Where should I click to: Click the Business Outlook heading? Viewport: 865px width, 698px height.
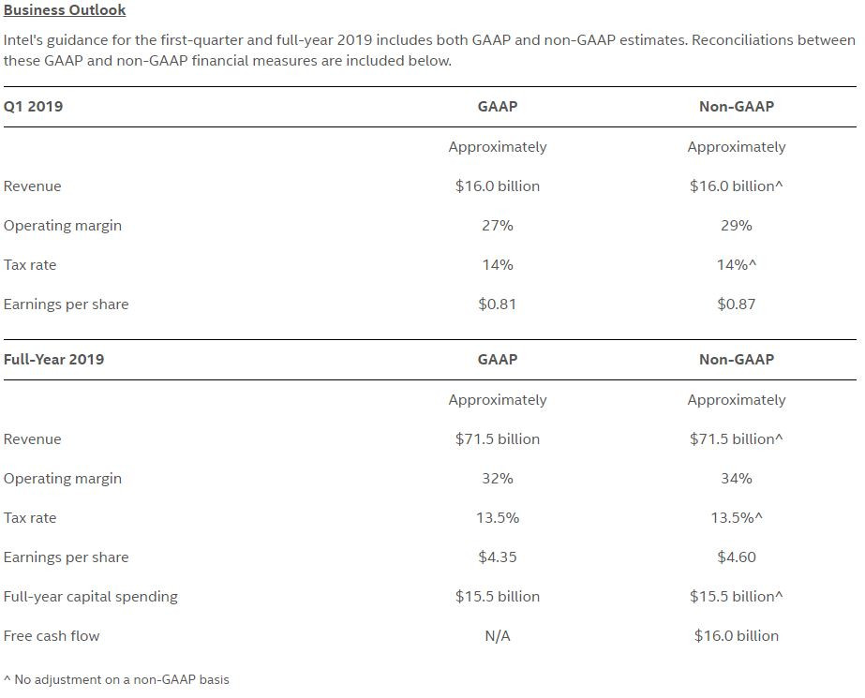pyautogui.click(x=65, y=10)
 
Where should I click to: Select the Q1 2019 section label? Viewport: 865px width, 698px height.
pyautogui.click(x=33, y=107)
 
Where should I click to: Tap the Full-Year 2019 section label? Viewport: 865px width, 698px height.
pyautogui.click(x=53, y=360)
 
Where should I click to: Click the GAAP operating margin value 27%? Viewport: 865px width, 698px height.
pyautogui.click(x=497, y=226)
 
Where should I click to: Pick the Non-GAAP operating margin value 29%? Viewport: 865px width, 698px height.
pyautogui.click(x=736, y=226)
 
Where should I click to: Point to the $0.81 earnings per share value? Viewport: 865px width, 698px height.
pyautogui.click(x=497, y=304)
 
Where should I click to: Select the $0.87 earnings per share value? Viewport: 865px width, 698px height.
pyautogui.click(x=736, y=304)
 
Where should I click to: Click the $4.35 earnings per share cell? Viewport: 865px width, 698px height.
pyautogui.click(x=497, y=557)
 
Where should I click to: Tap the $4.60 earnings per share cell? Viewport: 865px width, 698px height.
pyautogui.click(x=736, y=557)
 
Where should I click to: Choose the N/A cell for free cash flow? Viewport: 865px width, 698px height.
pyautogui.click(x=497, y=636)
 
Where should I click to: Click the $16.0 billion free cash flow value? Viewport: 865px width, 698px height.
pyautogui.click(x=736, y=636)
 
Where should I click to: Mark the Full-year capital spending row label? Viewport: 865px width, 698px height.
pyautogui.click(x=91, y=597)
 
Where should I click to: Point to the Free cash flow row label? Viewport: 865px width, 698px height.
pyautogui.click(x=52, y=636)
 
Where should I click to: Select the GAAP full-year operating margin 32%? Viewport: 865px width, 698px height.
pyautogui.click(x=497, y=479)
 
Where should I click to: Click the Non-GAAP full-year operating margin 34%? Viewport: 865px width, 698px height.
pyautogui.click(x=736, y=479)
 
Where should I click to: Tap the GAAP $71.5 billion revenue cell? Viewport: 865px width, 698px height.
pyautogui.click(x=497, y=439)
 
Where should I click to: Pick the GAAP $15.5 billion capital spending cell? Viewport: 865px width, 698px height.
pyautogui.click(x=497, y=597)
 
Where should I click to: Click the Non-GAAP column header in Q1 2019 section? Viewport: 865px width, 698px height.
pyautogui.click(x=736, y=107)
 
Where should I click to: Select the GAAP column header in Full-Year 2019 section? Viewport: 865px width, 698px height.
pyautogui.click(x=497, y=360)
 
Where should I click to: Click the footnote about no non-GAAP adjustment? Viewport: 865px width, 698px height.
pyautogui.click(x=116, y=680)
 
